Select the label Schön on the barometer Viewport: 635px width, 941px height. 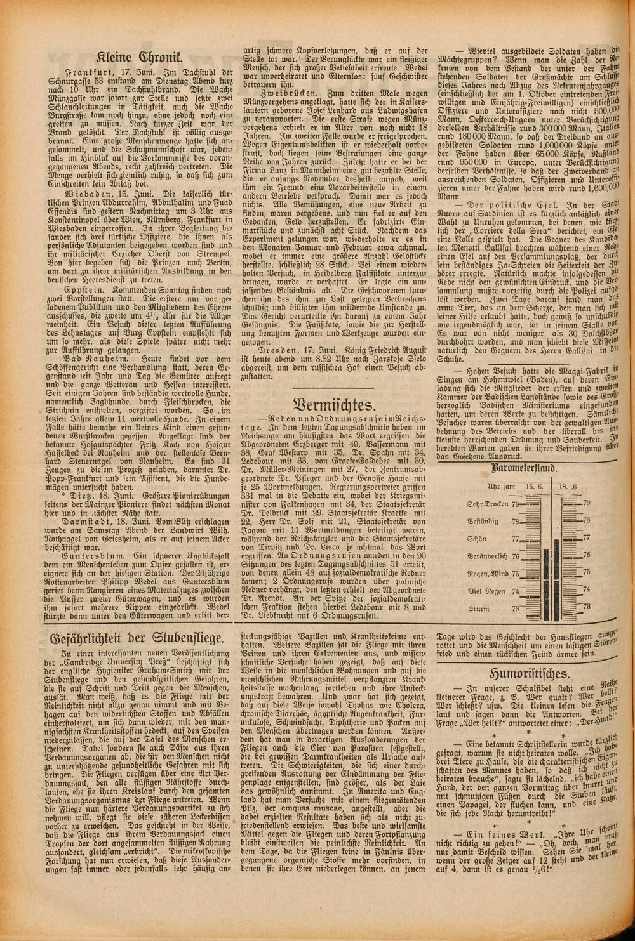point(498,539)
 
